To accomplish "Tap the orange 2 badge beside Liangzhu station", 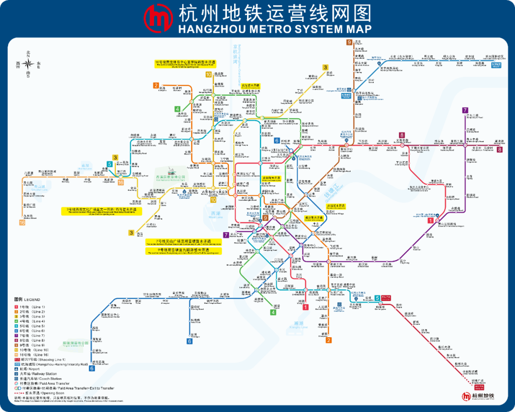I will tap(155, 86).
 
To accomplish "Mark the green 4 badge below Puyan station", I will tap(273, 312).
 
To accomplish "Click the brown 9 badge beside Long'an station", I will tap(349, 42).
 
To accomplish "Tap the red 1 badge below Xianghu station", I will tap(306, 307).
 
